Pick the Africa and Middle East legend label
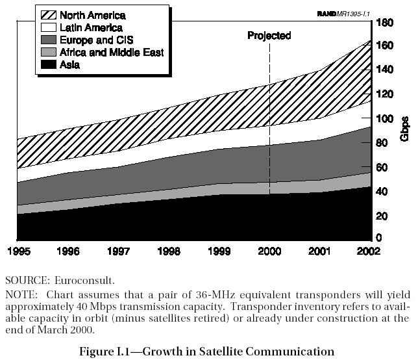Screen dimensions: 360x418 110,52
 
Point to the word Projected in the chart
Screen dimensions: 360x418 269,36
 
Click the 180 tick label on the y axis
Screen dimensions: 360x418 385,23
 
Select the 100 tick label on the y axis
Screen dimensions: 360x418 385,119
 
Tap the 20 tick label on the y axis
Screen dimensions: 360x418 382,216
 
